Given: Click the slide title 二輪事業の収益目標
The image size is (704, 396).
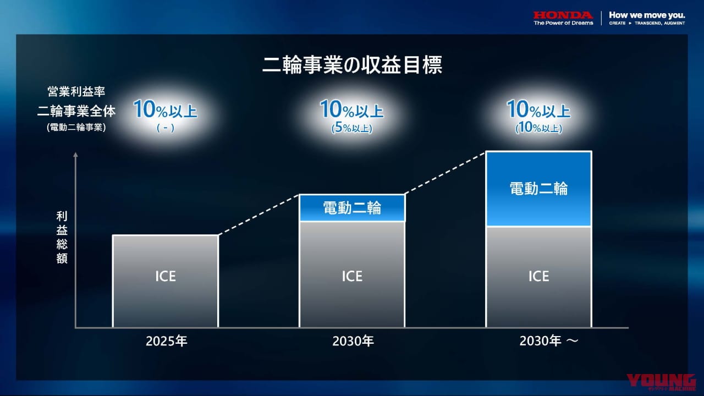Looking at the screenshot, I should pos(352,65).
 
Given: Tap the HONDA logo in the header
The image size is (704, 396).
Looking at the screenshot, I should pos(563,15).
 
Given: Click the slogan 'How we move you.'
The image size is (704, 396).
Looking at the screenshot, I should pos(647,15).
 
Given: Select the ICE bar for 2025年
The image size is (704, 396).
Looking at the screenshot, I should pos(165,281).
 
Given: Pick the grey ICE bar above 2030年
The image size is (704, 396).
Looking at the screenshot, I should pos(351,274).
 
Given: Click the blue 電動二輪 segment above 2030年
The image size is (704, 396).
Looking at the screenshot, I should pos(351,208).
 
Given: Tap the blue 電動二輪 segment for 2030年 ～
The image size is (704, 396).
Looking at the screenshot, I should pos(538,189).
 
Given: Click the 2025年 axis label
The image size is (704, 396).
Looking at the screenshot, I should pos(167,342).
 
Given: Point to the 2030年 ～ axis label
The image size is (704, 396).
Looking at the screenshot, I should pos(548,342).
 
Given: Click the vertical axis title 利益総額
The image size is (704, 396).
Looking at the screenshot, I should pos(62,237).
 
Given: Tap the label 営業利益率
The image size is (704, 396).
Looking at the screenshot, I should pos(76,92).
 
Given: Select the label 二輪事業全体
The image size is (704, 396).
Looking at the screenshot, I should pos(76,111).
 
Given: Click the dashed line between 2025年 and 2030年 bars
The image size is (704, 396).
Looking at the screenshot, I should pos(258,215).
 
